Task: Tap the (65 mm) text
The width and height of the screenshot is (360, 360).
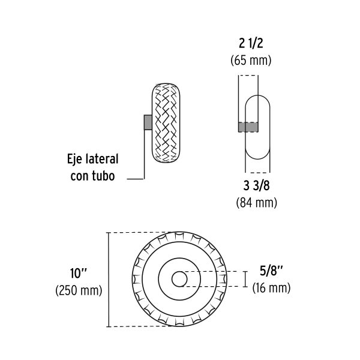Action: coord(251,61)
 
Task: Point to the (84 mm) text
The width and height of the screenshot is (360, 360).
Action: coord(256,203)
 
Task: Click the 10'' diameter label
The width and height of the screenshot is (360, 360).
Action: coord(79,273)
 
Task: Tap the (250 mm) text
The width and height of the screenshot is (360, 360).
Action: coord(79,290)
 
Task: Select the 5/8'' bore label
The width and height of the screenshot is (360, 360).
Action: coord(271,270)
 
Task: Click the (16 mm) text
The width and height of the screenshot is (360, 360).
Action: coord(271,288)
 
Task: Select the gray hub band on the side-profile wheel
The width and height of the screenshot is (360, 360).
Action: coord(249,127)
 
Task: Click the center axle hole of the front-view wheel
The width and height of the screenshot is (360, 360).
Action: coord(179,280)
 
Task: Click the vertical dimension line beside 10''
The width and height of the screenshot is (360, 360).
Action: coord(108,280)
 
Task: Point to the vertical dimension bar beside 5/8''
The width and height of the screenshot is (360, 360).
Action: coord(245,280)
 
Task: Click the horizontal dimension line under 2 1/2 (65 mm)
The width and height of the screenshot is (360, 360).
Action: coord(248,75)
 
